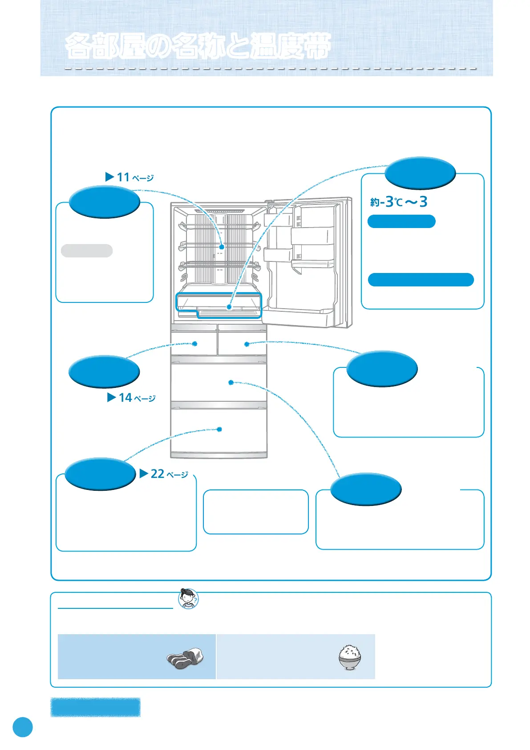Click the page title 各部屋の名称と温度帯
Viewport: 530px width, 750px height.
198,46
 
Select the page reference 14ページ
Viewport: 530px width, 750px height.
132,398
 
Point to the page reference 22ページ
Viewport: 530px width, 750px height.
164,474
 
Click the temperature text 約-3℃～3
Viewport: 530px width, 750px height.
399,202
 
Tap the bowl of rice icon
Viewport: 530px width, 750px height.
350,657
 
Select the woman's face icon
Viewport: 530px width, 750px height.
188,599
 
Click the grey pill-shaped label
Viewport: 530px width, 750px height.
87,251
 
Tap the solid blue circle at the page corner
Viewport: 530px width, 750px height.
23,726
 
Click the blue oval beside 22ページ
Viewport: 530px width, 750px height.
100,474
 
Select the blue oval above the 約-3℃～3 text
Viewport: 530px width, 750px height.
420,173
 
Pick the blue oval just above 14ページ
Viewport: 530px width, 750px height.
104,372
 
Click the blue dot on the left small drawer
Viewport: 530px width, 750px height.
194,343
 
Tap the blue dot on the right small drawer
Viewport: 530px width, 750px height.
247,344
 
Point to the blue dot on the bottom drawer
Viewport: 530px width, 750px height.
219,429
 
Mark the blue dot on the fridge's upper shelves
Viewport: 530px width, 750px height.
222,246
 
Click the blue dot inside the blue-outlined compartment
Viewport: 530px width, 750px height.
229,307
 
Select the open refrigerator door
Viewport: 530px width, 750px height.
309,263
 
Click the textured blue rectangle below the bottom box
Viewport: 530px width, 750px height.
96,707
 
